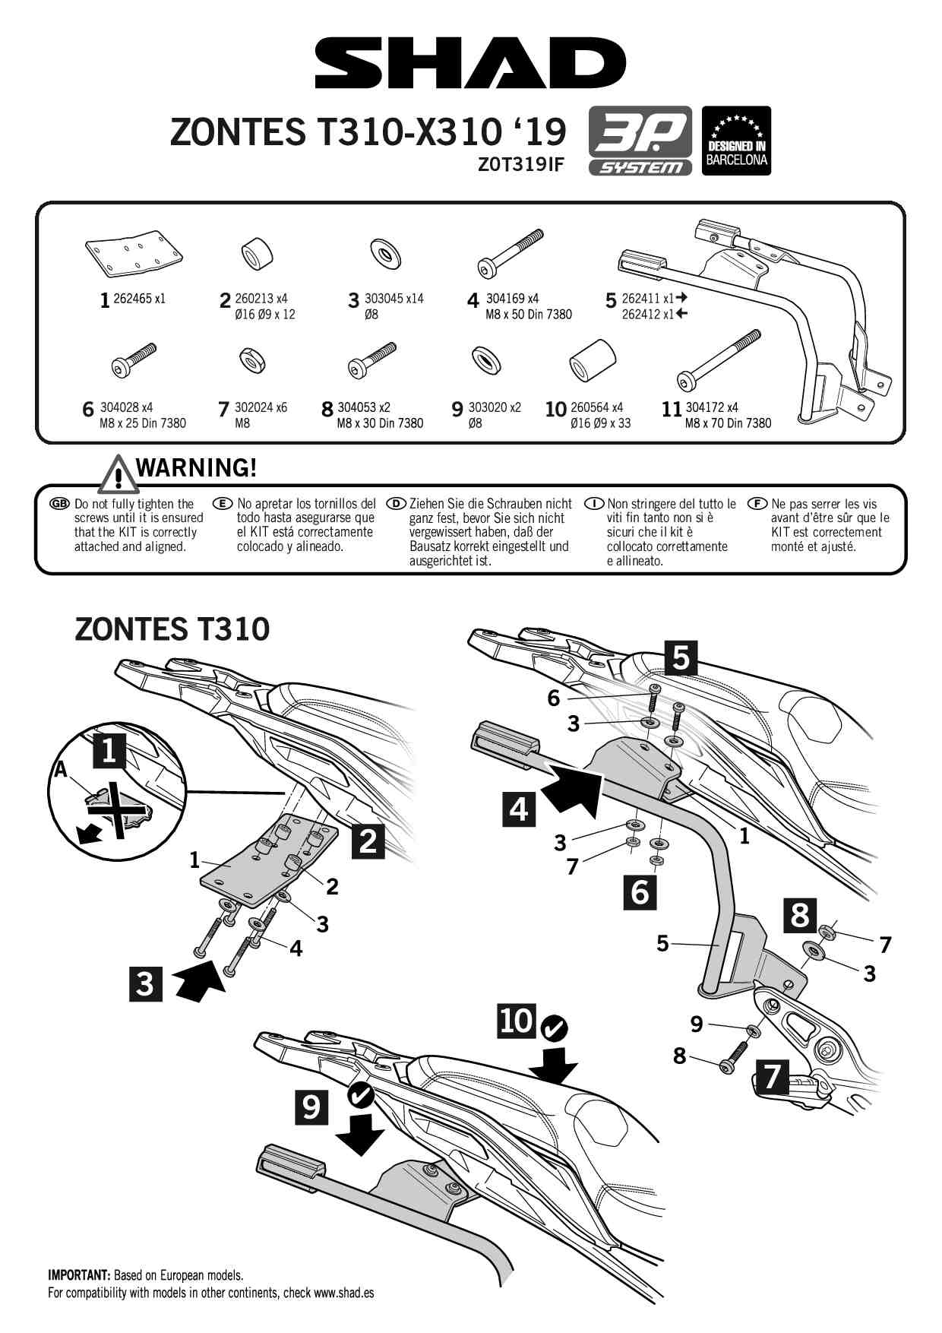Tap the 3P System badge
point(640,141)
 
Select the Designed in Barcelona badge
point(735,141)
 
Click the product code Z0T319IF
point(520,164)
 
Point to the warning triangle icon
point(117,474)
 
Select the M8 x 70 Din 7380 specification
point(727,423)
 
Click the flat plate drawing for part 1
point(134,252)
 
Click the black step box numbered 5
point(680,657)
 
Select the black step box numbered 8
point(799,915)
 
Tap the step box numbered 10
point(517,1021)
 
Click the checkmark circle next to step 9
point(359,1095)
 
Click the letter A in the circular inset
point(60,771)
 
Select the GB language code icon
point(59,504)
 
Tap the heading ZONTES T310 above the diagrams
point(172,629)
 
